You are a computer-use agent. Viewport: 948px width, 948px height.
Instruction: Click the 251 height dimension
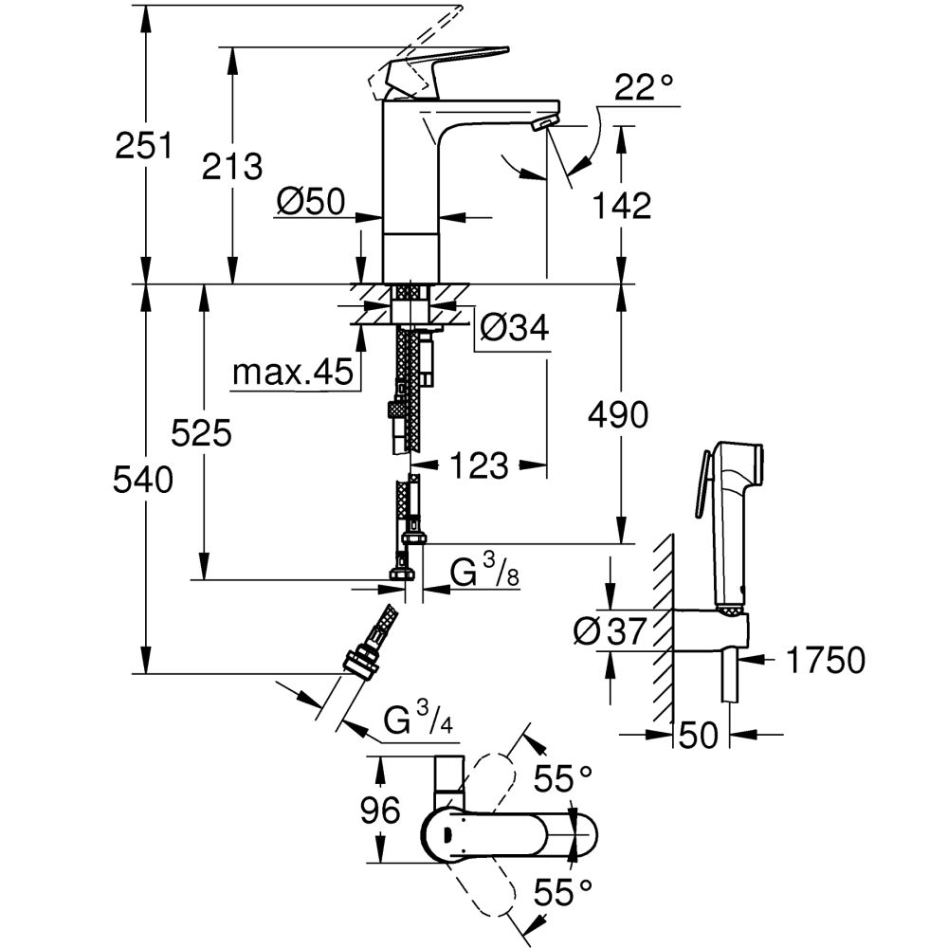point(143,146)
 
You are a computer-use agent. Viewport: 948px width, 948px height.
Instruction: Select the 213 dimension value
point(232,166)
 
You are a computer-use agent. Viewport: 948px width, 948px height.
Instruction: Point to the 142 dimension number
point(622,205)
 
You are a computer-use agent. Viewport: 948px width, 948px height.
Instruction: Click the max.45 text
point(291,374)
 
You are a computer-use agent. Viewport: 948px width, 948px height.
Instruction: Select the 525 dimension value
point(201,434)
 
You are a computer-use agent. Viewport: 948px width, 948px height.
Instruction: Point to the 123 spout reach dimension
point(479,465)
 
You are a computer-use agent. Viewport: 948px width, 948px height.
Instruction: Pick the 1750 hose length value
point(825,660)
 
